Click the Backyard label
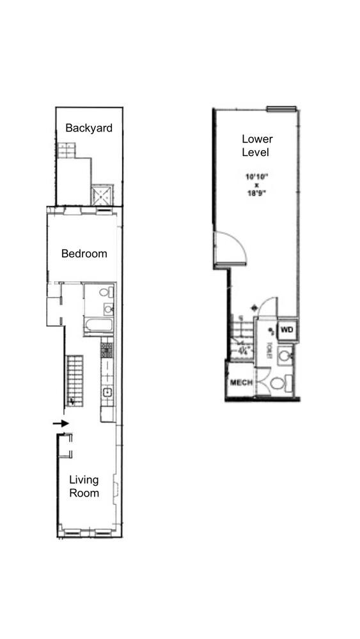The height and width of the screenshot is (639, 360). pyautogui.click(x=89, y=128)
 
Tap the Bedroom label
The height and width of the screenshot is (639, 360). pyautogui.click(x=84, y=254)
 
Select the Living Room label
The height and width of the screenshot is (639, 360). pyautogui.click(x=84, y=486)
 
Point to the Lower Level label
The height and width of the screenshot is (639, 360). pyautogui.click(x=256, y=146)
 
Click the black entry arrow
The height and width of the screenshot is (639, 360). pyautogui.click(x=59, y=423)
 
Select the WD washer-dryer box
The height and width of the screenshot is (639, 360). pyautogui.click(x=287, y=330)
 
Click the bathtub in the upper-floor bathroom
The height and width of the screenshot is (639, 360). pyautogui.click(x=98, y=327)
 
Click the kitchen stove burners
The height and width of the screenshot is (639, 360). pyautogui.click(x=107, y=350)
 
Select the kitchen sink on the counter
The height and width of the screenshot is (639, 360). pyautogui.click(x=107, y=392)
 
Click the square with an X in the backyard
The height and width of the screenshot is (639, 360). pyautogui.click(x=102, y=194)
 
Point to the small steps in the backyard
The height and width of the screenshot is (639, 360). pyautogui.click(x=66, y=151)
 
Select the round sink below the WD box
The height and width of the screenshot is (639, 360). pyautogui.click(x=286, y=355)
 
